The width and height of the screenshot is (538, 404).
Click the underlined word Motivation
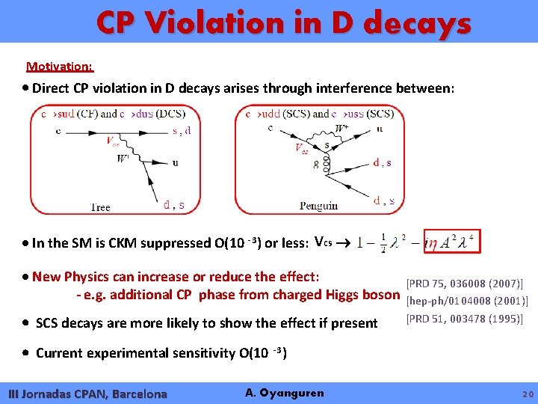[60, 67]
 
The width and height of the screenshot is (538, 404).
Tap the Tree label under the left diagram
[100, 207]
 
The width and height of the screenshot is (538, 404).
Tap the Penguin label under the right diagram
[319, 206]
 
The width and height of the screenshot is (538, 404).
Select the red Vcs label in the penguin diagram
[302, 149]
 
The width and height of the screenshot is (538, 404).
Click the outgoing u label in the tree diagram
[176, 162]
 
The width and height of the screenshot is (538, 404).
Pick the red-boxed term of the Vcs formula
[451, 242]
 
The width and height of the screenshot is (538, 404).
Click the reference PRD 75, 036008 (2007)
[463, 284]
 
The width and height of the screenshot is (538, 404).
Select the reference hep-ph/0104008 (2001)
[466, 301]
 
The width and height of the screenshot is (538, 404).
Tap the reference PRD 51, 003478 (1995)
[463, 319]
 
